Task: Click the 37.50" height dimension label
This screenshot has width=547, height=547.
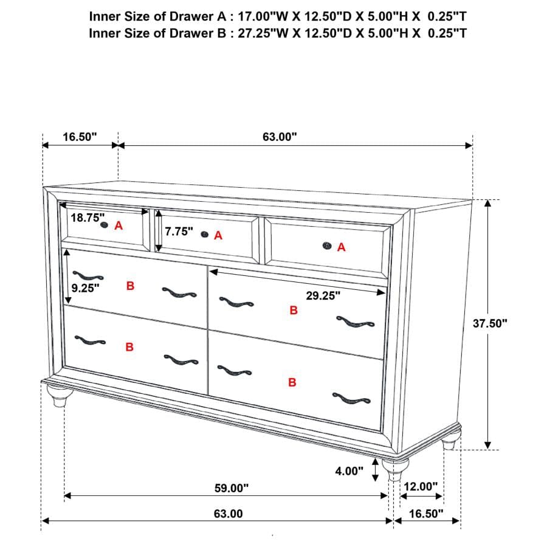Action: tap(490, 323)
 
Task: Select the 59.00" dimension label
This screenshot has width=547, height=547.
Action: tap(232, 487)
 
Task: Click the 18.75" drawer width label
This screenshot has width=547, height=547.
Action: tap(88, 218)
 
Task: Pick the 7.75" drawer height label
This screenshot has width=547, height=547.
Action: tap(179, 232)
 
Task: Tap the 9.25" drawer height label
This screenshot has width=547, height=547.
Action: tap(84, 288)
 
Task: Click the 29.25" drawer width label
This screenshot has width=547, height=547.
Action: tap(323, 295)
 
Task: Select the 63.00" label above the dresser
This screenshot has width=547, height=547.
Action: tap(280, 137)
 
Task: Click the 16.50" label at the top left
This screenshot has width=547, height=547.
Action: tap(80, 137)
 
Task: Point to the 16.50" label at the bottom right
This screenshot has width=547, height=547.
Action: tap(425, 514)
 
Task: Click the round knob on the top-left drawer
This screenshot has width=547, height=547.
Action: tap(104, 225)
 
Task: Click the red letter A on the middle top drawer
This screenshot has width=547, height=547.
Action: tap(218, 235)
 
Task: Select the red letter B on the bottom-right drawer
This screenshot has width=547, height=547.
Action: tap(292, 383)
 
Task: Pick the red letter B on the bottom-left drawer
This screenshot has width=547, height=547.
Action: tap(129, 347)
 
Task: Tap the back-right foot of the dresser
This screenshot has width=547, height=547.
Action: tap(449, 444)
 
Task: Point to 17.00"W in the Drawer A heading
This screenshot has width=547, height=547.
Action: tap(255, 15)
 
